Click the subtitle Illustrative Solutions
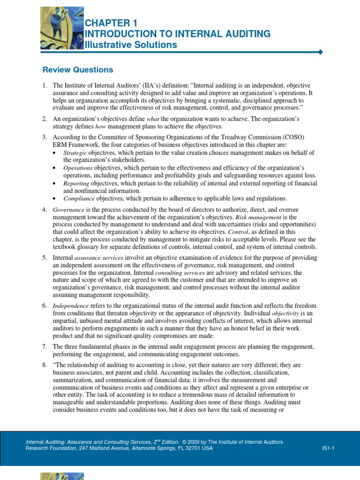click(131, 45)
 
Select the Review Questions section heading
click(78, 70)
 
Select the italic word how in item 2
click(101, 127)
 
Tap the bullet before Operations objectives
click(54, 168)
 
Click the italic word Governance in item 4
click(68, 210)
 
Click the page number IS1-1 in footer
click(328, 448)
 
